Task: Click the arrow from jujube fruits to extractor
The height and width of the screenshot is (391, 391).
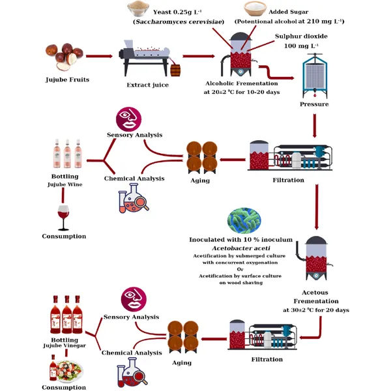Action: click(x=98, y=57)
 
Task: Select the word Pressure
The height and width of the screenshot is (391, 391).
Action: click(x=313, y=104)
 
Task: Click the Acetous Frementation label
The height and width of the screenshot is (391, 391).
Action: click(x=316, y=297)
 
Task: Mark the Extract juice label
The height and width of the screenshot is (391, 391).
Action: click(x=148, y=85)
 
